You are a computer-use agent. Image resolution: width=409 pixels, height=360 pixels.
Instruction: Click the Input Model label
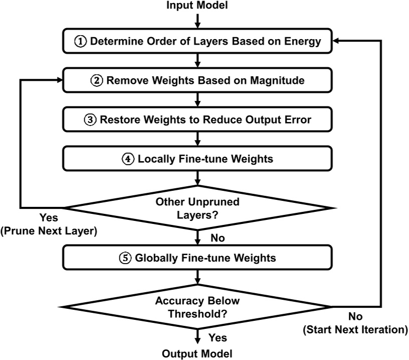tap(198, 6)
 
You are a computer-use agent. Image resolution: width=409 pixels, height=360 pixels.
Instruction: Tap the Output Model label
tap(198, 353)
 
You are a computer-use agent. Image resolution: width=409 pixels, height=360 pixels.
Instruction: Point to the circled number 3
tap(91, 120)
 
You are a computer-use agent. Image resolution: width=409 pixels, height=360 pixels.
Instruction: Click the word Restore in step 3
tap(116, 120)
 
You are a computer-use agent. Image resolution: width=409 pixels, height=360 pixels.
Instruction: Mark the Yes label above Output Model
tap(218, 337)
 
